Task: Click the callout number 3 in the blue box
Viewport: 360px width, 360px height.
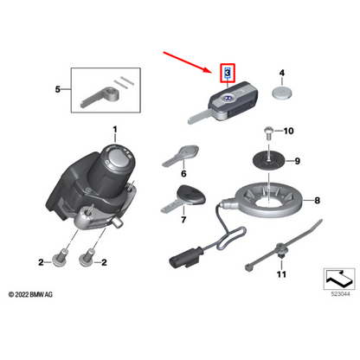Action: [228, 74]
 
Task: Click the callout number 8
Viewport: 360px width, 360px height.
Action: [318, 201]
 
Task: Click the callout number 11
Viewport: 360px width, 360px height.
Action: [280, 274]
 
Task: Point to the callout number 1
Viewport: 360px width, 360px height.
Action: [114, 131]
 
